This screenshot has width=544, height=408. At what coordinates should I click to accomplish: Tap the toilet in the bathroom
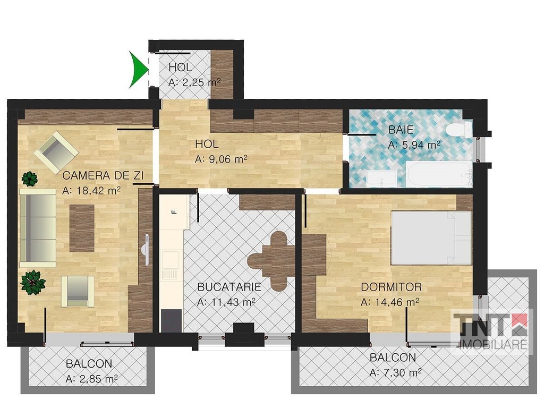point(458,130)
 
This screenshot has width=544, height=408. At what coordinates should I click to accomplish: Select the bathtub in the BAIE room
point(439,174)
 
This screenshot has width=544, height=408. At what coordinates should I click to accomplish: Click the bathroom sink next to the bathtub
point(381,178)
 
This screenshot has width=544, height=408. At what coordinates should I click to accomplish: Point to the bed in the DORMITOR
point(431,238)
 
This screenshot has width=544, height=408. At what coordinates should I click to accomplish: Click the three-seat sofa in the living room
point(38,228)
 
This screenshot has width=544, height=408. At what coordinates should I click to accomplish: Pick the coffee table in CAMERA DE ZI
point(82,228)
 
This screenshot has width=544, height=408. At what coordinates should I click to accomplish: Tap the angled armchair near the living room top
point(56,152)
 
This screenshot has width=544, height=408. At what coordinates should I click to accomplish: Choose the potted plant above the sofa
point(30,178)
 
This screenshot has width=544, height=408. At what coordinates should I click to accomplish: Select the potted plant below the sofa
point(32,282)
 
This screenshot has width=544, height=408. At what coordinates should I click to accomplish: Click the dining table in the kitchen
point(273,261)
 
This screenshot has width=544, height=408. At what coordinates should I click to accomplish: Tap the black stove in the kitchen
point(171,320)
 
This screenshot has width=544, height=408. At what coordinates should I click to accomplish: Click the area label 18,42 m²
point(91,191)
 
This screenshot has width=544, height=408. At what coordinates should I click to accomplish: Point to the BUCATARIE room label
point(229,287)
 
